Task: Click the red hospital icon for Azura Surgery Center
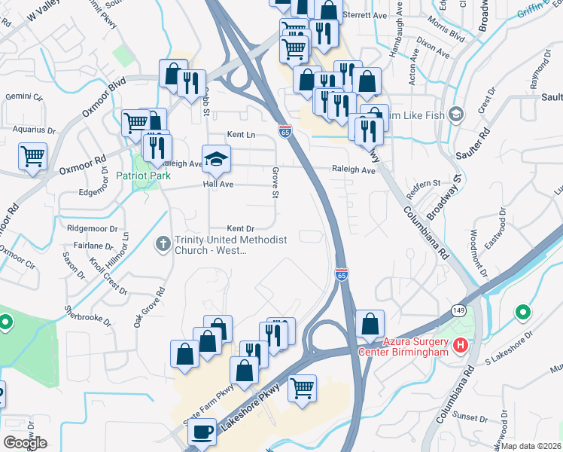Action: click(x=461, y=347)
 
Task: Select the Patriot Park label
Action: click(x=143, y=176)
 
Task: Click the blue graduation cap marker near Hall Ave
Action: click(x=217, y=159)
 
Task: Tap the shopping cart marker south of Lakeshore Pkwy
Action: click(x=303, y=389)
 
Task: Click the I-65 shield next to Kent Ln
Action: click(x=285, y=130)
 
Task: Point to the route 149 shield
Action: click(x=458, y=310)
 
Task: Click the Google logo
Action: click(x=25, y=442)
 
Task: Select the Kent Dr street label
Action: click(x=241, y=228)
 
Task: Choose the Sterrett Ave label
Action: click(x=364, y=15)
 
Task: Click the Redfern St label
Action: click(x=423, y=183)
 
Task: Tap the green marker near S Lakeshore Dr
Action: click(x=522, y=312)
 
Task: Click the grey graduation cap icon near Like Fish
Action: click(x=455, y=114)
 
